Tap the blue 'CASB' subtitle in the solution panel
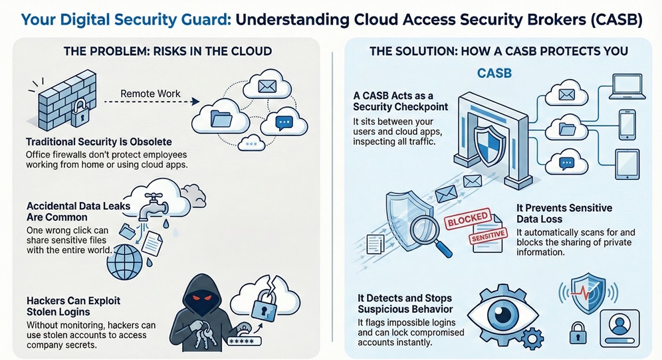(x=494, y=73)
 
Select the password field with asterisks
(x=247, y=342)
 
